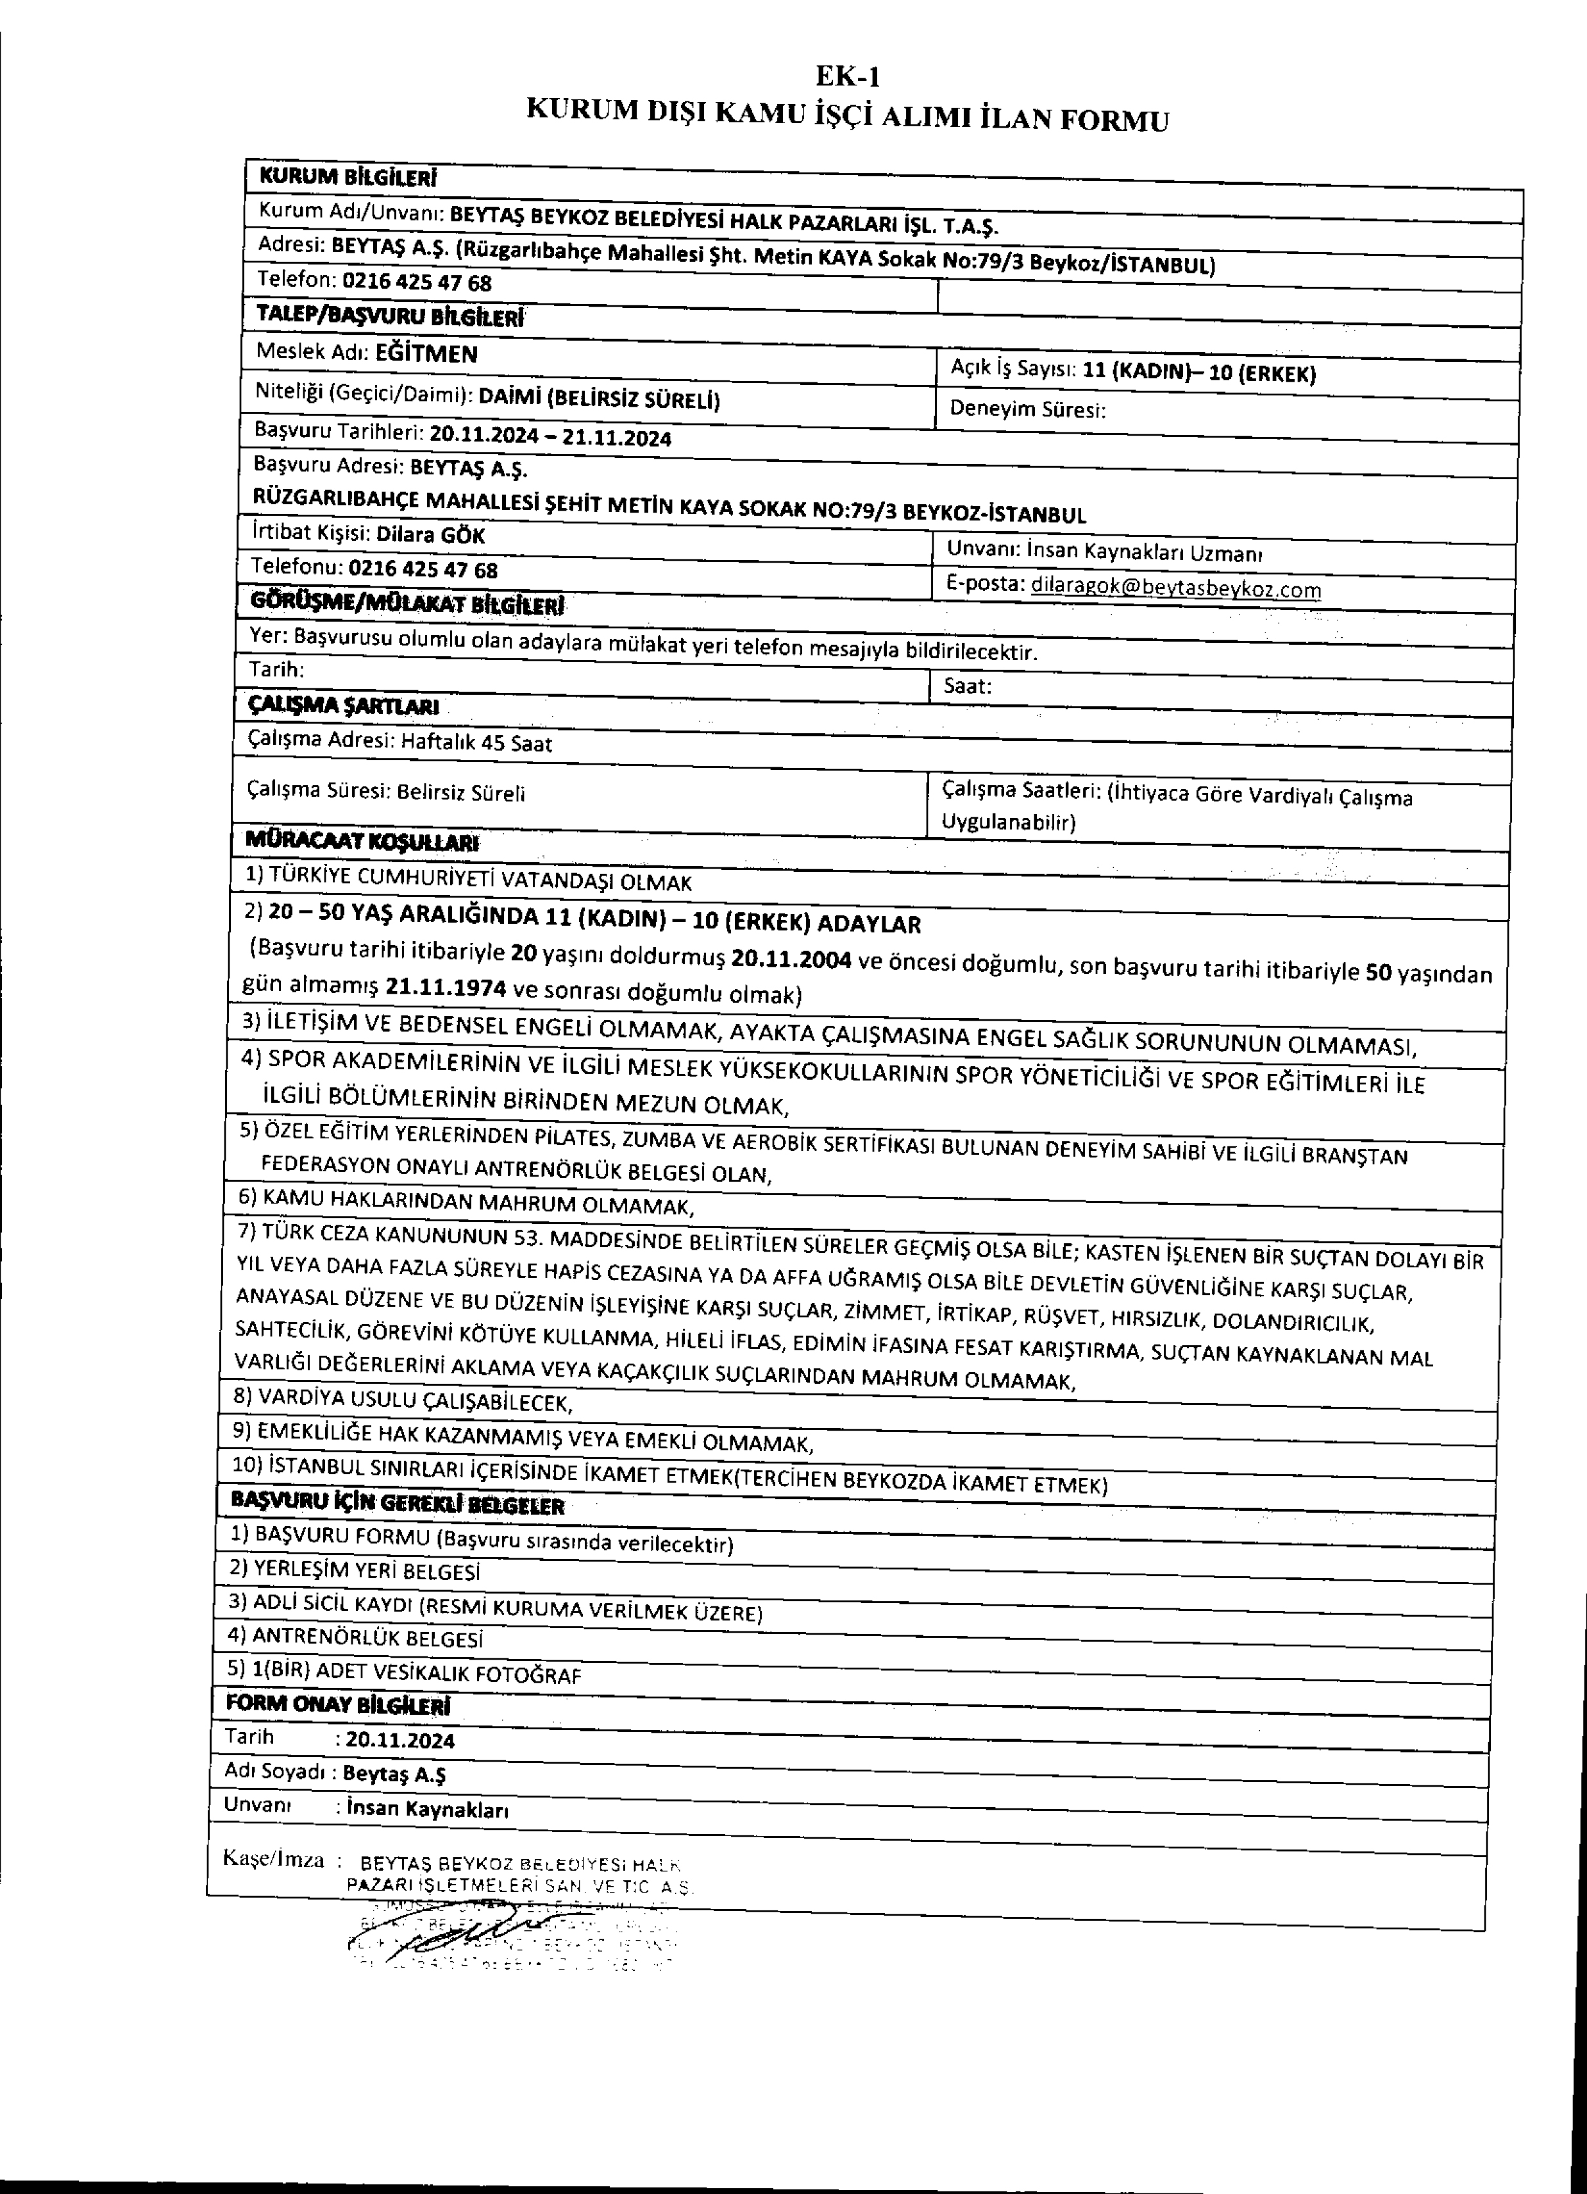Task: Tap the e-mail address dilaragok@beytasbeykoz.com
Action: (x=1175, y=587)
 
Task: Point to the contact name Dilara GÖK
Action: (x=430, y=535)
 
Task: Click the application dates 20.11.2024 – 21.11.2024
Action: (x=550, y=436)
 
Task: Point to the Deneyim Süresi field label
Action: (x=1027, y=409)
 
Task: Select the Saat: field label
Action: (x=967, y=687)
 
